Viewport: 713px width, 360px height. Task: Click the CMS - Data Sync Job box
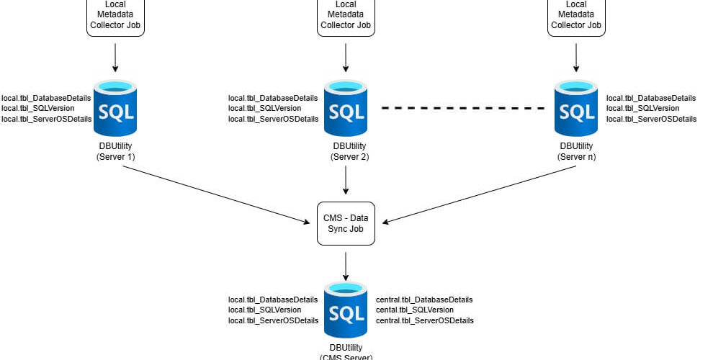pyautogui.click(x=346, y=224)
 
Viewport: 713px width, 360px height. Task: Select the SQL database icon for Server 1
pyautogui.click(x=115, y=108)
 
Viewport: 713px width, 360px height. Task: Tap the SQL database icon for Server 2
pyautogui.click(x=346, y=108)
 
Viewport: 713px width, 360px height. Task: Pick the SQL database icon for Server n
pyautogui.click(x=576, y=108)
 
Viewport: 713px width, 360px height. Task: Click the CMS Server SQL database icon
pyautogui.click(x=346, y=310)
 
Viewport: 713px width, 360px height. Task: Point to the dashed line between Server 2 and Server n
pyautogui.click(x=463, y=108)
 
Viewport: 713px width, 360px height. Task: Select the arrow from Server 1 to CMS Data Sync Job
pyautogui.click(x=217, y=194)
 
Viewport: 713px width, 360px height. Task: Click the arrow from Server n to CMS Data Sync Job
pyautogui.click(x=479, y=194)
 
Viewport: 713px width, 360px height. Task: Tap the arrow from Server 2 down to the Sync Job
pyautogui.click(x=346, y=180)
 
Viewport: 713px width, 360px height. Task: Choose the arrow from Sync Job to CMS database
pyautogui.click(x=346, y=266)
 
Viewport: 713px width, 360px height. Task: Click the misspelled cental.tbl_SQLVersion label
pyautogui.click(x=415, y=310)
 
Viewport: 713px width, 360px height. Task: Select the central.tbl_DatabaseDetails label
pyautogui.click(x=424, y=300)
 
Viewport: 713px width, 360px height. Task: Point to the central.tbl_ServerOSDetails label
pyautogui.click(x=425, y=320)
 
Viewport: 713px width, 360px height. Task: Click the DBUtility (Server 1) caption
pyautogui.click(x=115, y=151)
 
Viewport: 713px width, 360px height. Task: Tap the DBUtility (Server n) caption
pyautogui.click(x=577, y=151)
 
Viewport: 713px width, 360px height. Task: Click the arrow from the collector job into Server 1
pyautogui.click(x=115, y=58)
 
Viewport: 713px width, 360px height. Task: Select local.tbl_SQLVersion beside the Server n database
pyautogui.click(x=643, y=108)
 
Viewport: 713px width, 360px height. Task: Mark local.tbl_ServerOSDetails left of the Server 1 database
pyautogui.click(x=46, y=119)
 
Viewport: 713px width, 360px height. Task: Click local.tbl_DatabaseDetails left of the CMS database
pyautogui.click(x=273, y=300)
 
